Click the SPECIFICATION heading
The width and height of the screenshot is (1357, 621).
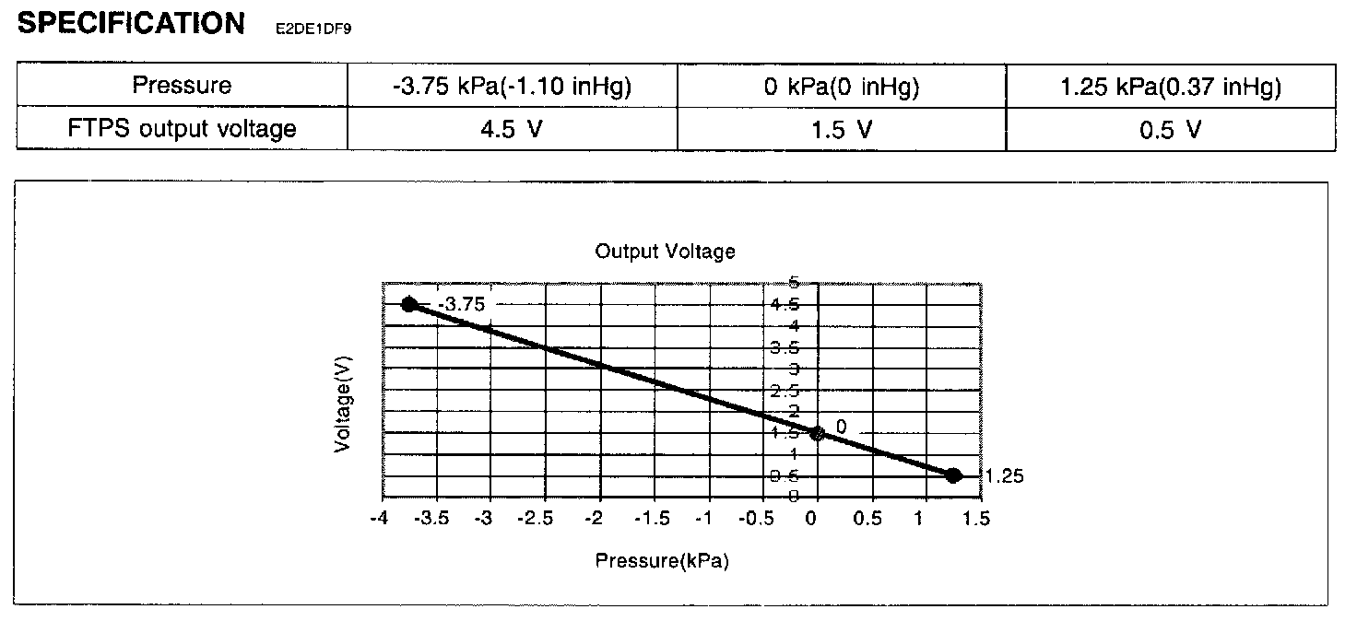pyautogui.click(x=131, y=23)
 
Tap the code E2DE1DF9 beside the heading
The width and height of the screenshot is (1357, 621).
pyautogui.click(x=313, y=28)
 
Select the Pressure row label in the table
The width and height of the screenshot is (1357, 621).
pyautogui.click(x=182, y=87)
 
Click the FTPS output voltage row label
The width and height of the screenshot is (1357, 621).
pyautogui.click(x=182, y=128)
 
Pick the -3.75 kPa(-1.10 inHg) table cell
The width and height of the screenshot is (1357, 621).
pyautogui.click(x=512, y=87)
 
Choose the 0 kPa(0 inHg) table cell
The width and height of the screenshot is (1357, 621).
pyautogui.click(x=841, y=87)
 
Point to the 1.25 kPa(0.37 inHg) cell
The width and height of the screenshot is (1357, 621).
pyautogui.click(x=1171, y=87)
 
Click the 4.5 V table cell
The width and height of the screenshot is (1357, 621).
pyautogui.click(x=512, y=129)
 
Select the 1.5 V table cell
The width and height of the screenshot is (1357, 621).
pyautogui.click(x=841, y=129)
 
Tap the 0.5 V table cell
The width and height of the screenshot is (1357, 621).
pyautogui.click(x=1171, y=129)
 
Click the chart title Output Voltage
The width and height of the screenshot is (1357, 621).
pyautogui.click(x=665, y=252)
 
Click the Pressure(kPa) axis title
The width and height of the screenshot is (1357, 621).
pyautogui.click(x=661, y=560)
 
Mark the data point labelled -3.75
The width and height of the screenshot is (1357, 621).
pyautogui.click(x=409, y=304)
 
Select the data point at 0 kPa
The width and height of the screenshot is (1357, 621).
pyautogui.click(x=817, y=433)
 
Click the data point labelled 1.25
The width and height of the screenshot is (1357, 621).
pyautogui.click(x=953, y=475)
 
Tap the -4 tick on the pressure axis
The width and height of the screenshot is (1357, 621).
pyautogui.click(x=378, y=520)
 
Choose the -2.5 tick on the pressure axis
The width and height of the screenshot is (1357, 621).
pyautogui.click(x=537, y=520)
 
